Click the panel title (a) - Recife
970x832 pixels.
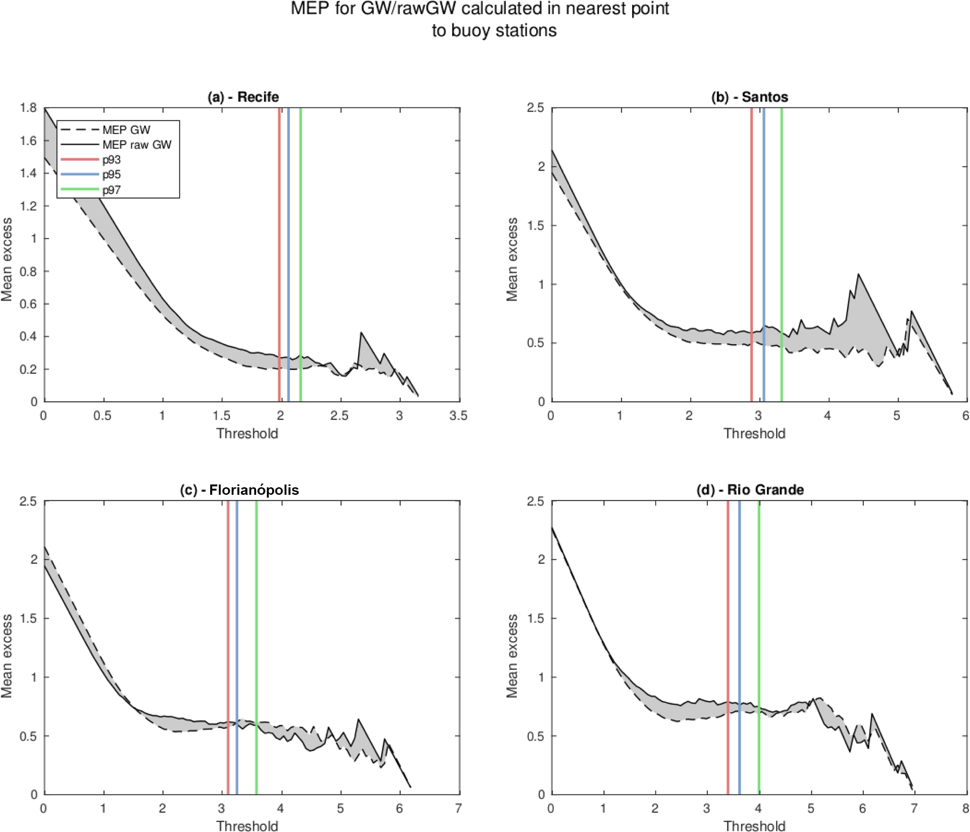coord(243,97)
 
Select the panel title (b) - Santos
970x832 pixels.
coord(749,97)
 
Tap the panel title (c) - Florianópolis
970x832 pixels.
coord(239,490)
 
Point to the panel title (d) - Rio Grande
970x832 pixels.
coord(750,490)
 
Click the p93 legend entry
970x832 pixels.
coord(112,160)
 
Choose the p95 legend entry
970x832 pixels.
coord(112,175)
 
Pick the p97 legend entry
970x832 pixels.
coord(112,190)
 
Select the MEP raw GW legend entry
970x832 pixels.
coord(137,145)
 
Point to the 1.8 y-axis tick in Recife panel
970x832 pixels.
coord(28,108)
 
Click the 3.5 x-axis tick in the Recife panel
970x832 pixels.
coord(458,416)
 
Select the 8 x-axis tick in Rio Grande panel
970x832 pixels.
coord(965,809)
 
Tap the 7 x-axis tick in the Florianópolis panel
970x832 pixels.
coord(458,809)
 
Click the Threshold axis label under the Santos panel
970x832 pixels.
coord(754,434)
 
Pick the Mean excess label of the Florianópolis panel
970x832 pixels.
coord(7,656)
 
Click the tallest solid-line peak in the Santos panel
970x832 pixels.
coord(859,274)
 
